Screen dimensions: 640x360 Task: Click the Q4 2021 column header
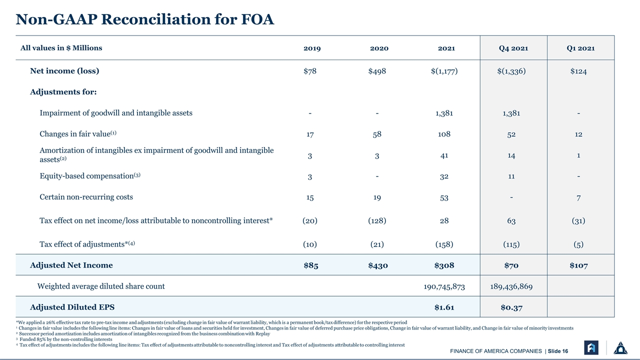pos(513,48)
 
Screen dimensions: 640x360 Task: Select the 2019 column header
pos(312,48)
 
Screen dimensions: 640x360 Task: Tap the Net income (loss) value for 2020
pos(377,71)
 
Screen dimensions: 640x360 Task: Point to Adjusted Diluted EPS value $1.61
pos(444,307)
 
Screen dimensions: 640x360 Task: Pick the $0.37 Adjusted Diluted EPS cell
pos(511,307)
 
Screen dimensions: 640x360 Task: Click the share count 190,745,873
pos(444,286)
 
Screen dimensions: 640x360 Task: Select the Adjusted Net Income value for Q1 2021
pos(578,265)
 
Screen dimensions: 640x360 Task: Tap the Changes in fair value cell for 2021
pos(444,134)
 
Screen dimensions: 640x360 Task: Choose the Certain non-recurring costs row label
pos(86,197)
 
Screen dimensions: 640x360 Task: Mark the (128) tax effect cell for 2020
pos(377,220)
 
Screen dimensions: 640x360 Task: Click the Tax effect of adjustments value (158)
pos(444,244)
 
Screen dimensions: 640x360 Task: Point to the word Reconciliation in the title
pos(169,19)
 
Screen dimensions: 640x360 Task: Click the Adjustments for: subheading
pos(63,92)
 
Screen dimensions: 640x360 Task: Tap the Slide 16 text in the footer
pos(557,351)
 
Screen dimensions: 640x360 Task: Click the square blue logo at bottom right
pos(591,347)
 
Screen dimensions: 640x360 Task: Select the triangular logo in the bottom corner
pos(620,347)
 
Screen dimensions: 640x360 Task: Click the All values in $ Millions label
pos(61,48)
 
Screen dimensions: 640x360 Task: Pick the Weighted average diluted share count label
pos(101,286)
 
